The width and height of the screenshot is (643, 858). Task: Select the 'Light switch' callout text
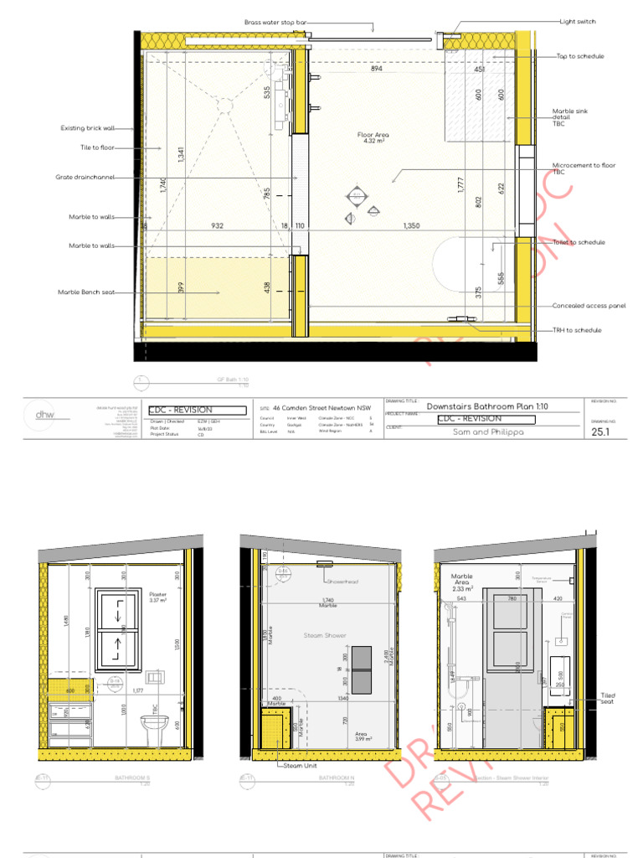click(578, 22)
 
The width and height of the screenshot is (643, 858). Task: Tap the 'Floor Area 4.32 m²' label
click(373, 138)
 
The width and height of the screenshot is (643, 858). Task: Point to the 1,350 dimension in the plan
click(411, 225)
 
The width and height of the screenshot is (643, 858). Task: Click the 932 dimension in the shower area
click(217, 225)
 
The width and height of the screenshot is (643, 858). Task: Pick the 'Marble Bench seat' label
click(86, 292)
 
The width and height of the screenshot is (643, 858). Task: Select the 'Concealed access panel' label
click(589, 307)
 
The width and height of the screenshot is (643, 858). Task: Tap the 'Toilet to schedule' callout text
click(579, 242)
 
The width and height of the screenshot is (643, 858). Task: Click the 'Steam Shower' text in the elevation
click(324, 636)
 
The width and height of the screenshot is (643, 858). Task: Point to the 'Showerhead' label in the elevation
click(343, 581)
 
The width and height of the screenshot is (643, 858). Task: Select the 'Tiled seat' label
click(608, 699)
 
